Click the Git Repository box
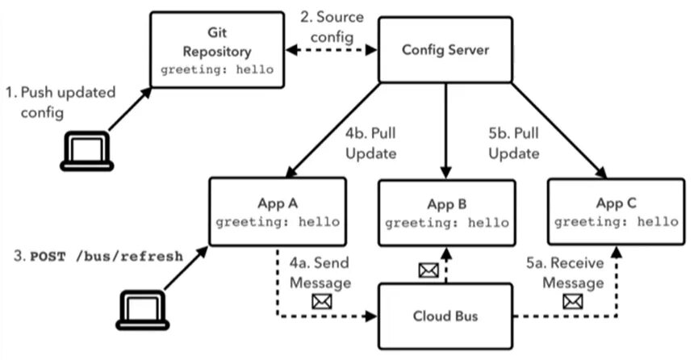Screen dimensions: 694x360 pos(217,49)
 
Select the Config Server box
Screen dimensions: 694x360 pos(445,49)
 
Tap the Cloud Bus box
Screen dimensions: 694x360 pos(445,316)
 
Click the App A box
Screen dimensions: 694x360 pos(278,211)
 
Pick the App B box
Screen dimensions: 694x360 pos(447,212)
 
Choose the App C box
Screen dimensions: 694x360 pos(616,211)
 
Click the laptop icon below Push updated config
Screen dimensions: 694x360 pos(87,151)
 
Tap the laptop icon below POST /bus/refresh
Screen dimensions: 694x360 pos(143,310)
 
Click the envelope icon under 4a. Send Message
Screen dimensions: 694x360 pos(322,302)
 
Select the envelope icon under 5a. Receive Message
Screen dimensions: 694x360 pos(573,302)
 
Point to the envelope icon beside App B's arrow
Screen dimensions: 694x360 pos(429,270)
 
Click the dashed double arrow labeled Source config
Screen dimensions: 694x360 pos(332,49)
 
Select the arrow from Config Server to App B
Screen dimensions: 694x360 pos(445,131)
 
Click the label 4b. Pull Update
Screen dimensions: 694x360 pos(371,144)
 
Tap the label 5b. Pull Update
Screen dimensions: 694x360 pos(514,144)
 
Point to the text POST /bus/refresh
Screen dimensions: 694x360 pos(107,257)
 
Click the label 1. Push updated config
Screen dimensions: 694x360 pos(61,102)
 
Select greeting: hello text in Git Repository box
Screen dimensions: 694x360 pos(217,69)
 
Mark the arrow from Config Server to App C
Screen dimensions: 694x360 pos(559,131)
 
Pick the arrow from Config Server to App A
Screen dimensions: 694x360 pos(332,130)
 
